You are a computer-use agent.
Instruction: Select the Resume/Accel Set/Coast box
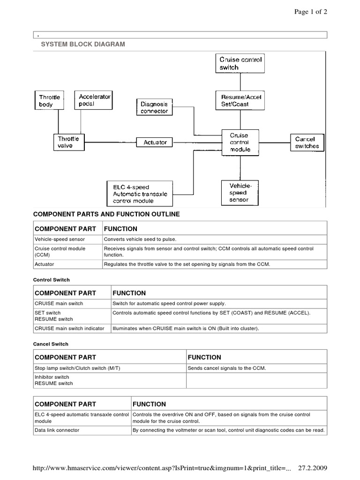pyautogui.click(x=241, y=101)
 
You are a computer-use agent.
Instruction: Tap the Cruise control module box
pyautogui.click(x=240, y=142)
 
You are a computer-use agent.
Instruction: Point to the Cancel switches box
pyautogui.click(x=307, y=142)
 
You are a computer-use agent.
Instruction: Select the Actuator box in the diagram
pyautogui.click(x=155, y=142)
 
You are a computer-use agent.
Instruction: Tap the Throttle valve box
pyautogui.click(x=68, y=142)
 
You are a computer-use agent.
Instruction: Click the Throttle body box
pyautogui.click(x=49, y=101)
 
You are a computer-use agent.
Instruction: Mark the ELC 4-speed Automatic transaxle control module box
pyautogui.click(x=136, y=194)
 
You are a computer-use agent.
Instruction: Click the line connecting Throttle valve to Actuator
pyautogui.click(x=111, y=142)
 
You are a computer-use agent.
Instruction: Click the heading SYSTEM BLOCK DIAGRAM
pyautogui.click(x=84, y=44)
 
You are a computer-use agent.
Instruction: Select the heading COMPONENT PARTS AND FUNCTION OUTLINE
pyautogui.click(x=106, y=214)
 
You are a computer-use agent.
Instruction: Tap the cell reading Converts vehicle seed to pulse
pyautogui.click(x=140, y=239)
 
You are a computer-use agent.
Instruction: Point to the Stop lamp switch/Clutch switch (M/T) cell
pyautogui.click(x=77, y=368)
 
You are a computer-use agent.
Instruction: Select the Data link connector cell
pyautogui.click(x=57, y=430)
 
